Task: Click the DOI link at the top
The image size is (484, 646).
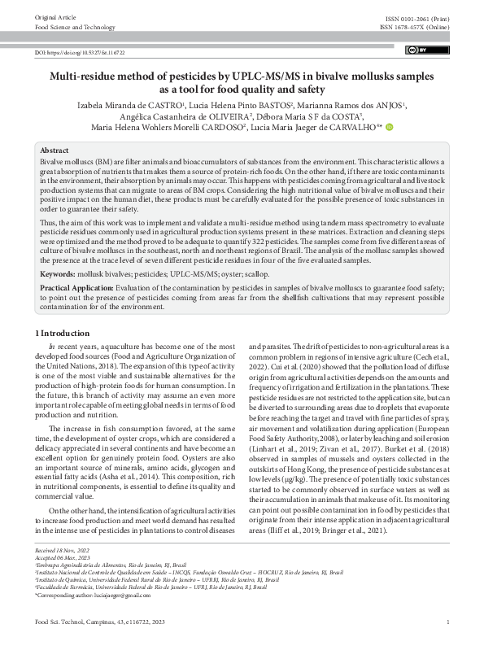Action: pyautogui.click(x=79, y=51)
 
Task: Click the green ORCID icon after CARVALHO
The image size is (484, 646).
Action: pyautogui.click(x=390, y=127)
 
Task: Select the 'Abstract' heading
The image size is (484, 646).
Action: pyautogui.click(x=55, y=151)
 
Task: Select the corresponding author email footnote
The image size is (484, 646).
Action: pyautogui.click(x=94, y=596)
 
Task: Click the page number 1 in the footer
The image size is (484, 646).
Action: pyautogui.click(x=448, y=622)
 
